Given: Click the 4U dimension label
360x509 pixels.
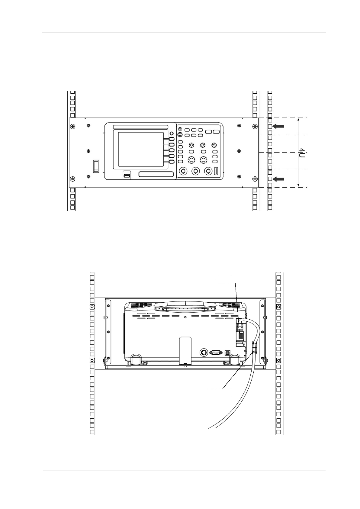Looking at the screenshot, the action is pos(302,153).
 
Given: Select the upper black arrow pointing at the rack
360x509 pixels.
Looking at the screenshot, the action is pos(278,126).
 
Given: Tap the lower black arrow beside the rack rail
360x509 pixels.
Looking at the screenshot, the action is pos(278,179).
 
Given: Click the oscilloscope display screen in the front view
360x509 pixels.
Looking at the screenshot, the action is pos(141,149).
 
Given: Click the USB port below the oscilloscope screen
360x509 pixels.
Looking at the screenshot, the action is pos(127,176).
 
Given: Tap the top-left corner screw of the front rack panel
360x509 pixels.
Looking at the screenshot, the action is pos(72,126).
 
